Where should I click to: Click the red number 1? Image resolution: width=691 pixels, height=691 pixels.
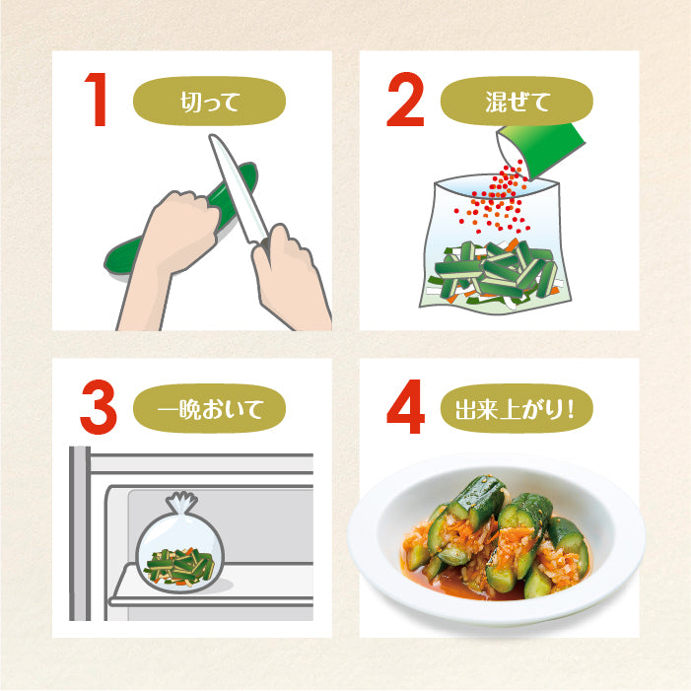96,101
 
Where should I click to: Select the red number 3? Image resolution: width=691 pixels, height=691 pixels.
98,407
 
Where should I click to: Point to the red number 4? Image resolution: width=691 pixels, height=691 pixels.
405,407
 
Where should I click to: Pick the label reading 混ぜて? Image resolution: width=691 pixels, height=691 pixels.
516,101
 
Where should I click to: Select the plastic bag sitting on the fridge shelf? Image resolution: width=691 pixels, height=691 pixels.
177,557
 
